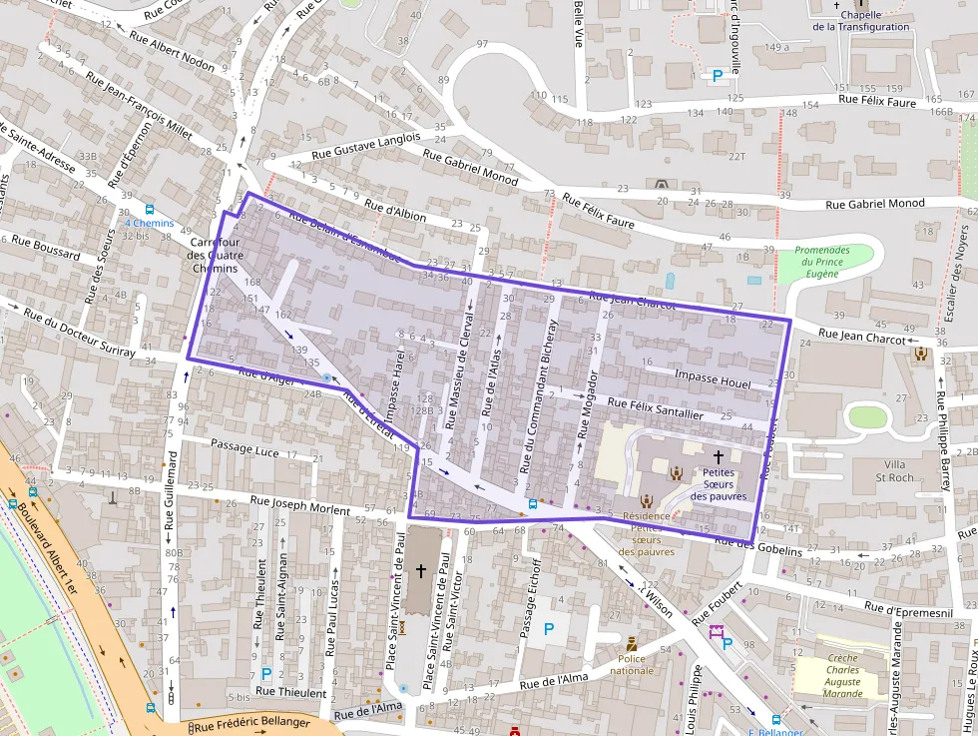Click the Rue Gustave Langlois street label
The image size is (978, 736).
[365, 145]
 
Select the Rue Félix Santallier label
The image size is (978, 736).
[656, 408]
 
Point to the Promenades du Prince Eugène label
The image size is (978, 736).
[822, 263]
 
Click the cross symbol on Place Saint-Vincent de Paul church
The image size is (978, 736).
[420, 571]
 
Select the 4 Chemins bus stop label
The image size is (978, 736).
[148, 224]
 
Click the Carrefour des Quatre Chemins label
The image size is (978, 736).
[214, 255]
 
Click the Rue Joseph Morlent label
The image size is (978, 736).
[300, 506]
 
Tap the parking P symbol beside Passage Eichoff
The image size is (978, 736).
[548, 630]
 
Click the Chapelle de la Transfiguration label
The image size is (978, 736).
[860, 21]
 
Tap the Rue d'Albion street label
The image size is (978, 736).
[395, 210]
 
